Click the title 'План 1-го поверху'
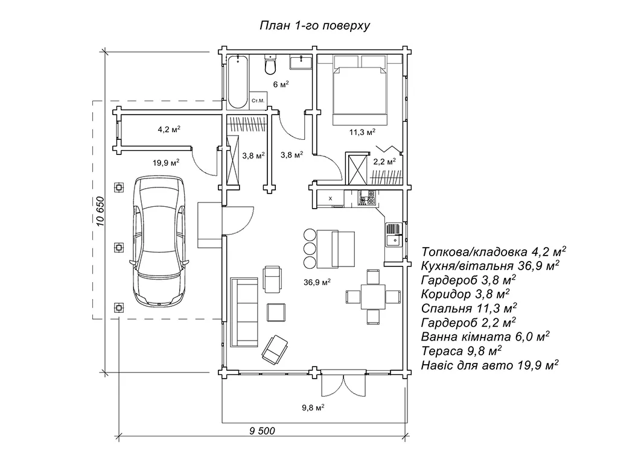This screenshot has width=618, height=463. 314,25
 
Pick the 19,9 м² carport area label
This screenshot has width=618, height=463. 166,162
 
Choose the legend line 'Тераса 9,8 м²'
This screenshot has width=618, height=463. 463,350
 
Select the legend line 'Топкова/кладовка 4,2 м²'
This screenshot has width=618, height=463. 494,251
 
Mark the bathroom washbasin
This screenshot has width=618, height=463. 300,61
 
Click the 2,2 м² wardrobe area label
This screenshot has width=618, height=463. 384,162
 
